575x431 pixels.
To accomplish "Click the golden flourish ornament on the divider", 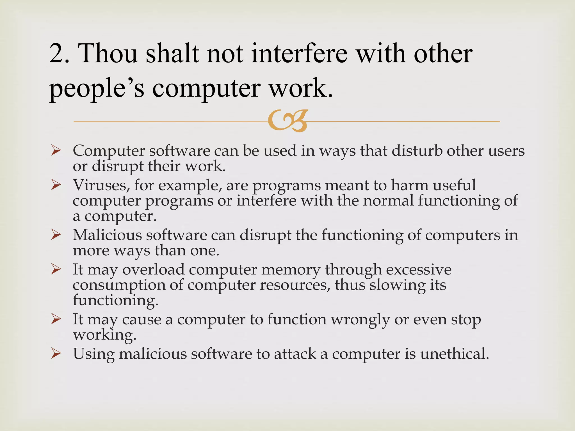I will click(287, 121).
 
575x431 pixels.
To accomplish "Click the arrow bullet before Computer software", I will click(56, 151).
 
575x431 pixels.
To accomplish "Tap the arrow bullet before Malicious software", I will click(56, 235).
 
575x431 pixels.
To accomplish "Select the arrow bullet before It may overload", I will click(56, 270).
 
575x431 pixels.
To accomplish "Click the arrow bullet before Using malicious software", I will click(56, 354).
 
